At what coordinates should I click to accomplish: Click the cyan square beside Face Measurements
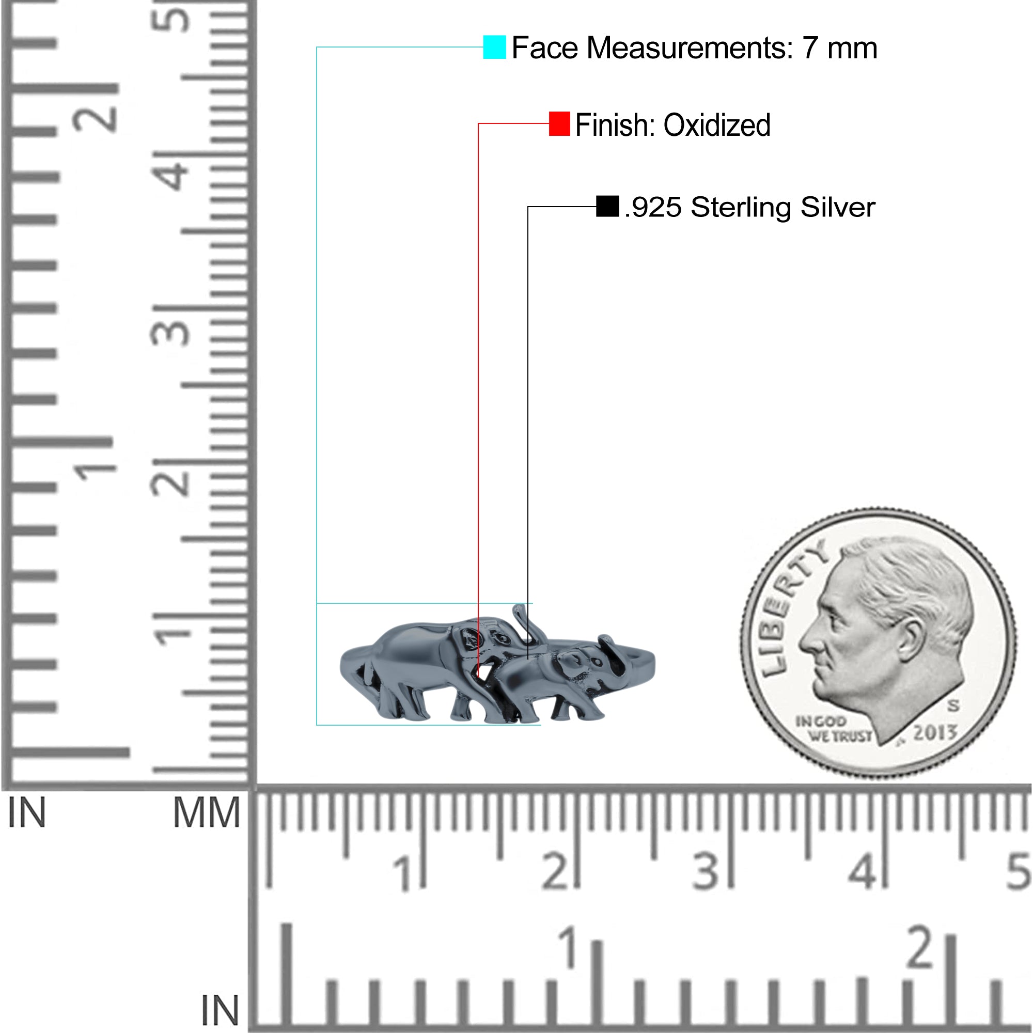tap(494, 47)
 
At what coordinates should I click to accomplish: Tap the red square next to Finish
tap(559, 124)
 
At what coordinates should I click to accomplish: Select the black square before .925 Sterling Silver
tap(607, 207)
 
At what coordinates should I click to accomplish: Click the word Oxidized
tap(717, 125)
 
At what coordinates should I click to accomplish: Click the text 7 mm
tap(839, 48)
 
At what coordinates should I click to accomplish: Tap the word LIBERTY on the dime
tap(789, 609)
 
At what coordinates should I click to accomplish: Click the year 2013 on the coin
tap(933, 731)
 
